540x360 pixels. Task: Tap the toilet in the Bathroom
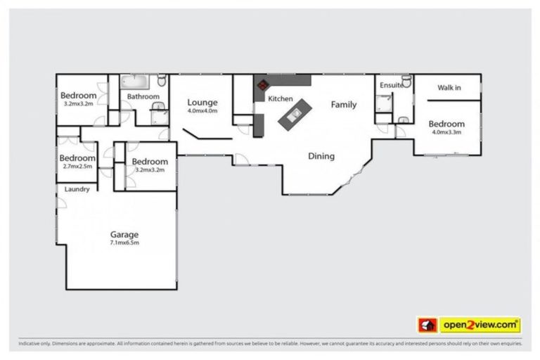pos(162,80)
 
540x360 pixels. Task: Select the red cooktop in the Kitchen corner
pos(262,85)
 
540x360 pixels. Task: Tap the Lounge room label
pos(202,102)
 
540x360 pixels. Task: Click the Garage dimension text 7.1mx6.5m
pos(124,243)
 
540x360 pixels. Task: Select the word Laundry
pos(76,190)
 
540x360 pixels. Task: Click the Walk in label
pos(449,88)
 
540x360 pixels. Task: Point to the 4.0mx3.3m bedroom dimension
pos(446,132)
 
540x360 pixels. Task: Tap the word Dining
pos(321,156)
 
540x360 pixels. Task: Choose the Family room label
pos(344,105)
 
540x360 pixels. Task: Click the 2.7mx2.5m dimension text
pos(77,167)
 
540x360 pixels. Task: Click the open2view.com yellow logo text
pos(481,325)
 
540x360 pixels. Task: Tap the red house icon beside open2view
pos(426,325)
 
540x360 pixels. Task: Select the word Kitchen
pos(280,99)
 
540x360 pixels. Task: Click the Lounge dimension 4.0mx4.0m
pos(202,110)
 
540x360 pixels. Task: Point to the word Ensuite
pos(392,85)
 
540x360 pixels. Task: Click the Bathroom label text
pos(143,96)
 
